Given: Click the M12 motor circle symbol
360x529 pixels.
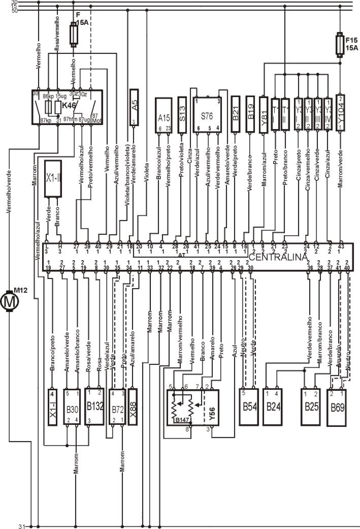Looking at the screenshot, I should (9, 301).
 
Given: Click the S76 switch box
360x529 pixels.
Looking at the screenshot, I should (207, 115).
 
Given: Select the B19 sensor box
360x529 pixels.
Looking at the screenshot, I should (250, 112).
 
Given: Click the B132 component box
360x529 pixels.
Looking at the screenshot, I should (94, 406).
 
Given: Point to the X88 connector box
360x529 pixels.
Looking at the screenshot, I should (134, 407).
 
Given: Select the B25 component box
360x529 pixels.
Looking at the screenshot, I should (310, 407).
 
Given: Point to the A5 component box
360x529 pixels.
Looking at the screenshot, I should (134, 107).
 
